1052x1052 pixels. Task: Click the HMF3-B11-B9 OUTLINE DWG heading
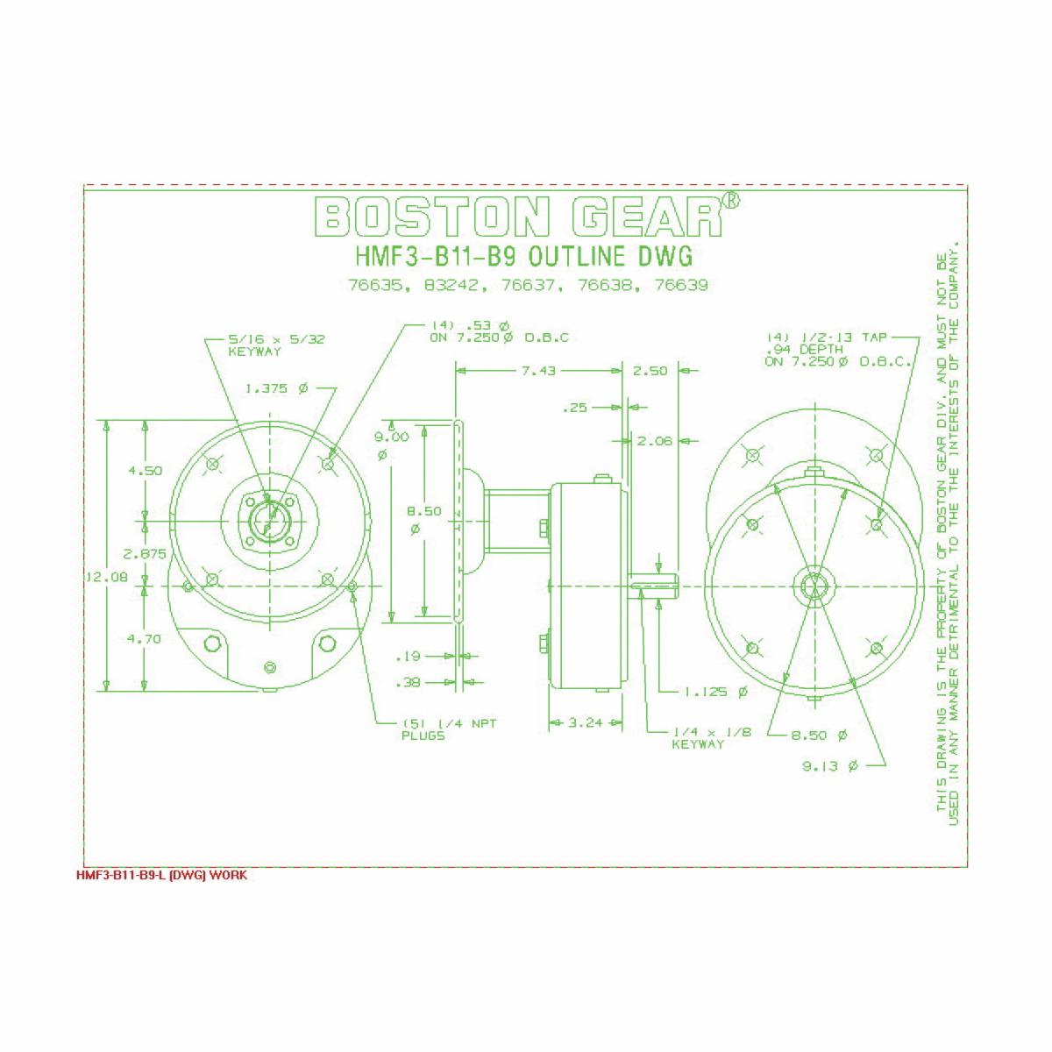coord(523,257)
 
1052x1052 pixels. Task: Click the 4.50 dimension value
coord(145,471)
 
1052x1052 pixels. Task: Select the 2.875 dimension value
coord(145,554)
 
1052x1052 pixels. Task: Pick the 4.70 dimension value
coord(145,639)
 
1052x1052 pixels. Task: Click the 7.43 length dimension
coord(538,371)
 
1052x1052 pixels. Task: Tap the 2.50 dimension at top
coord(650,371)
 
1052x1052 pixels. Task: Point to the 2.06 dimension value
coord(654,441)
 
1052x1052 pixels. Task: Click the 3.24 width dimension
coord(586,723)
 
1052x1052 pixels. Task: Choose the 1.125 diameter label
coord(716,692)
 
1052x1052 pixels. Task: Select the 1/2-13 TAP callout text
coord(839,349)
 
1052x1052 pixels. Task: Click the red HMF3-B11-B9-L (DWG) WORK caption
coord(161,876)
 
